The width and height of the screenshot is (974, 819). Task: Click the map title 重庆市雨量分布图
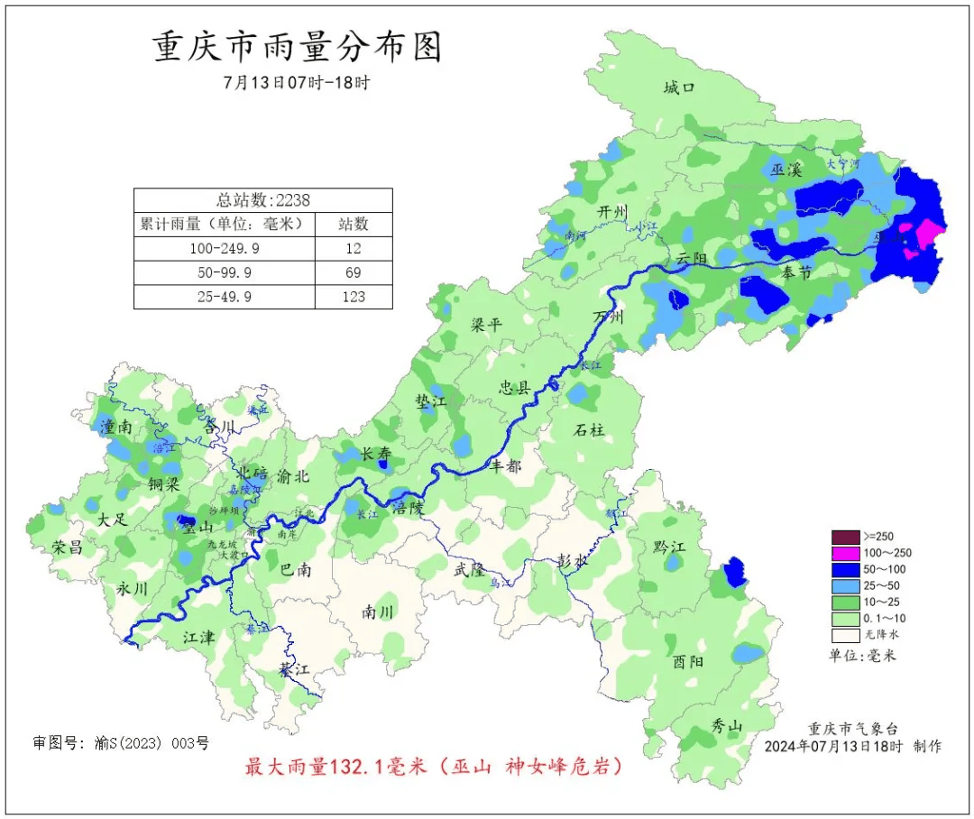tap(298, 48)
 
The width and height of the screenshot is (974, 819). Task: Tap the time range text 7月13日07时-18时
tap(298, 83)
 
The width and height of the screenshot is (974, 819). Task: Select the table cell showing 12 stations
tap(354, 248)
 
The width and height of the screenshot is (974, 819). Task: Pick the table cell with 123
tap(354, 296)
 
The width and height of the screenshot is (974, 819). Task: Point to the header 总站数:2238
tap(263, 200)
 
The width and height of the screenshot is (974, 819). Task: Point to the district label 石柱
tap(589, 429)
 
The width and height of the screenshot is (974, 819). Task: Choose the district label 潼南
tap(118, 427)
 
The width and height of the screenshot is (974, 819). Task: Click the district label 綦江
tap(293, 670)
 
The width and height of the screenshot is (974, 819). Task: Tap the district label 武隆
tap(469, 569)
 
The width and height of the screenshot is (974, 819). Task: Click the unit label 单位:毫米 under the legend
tap(862, 656)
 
